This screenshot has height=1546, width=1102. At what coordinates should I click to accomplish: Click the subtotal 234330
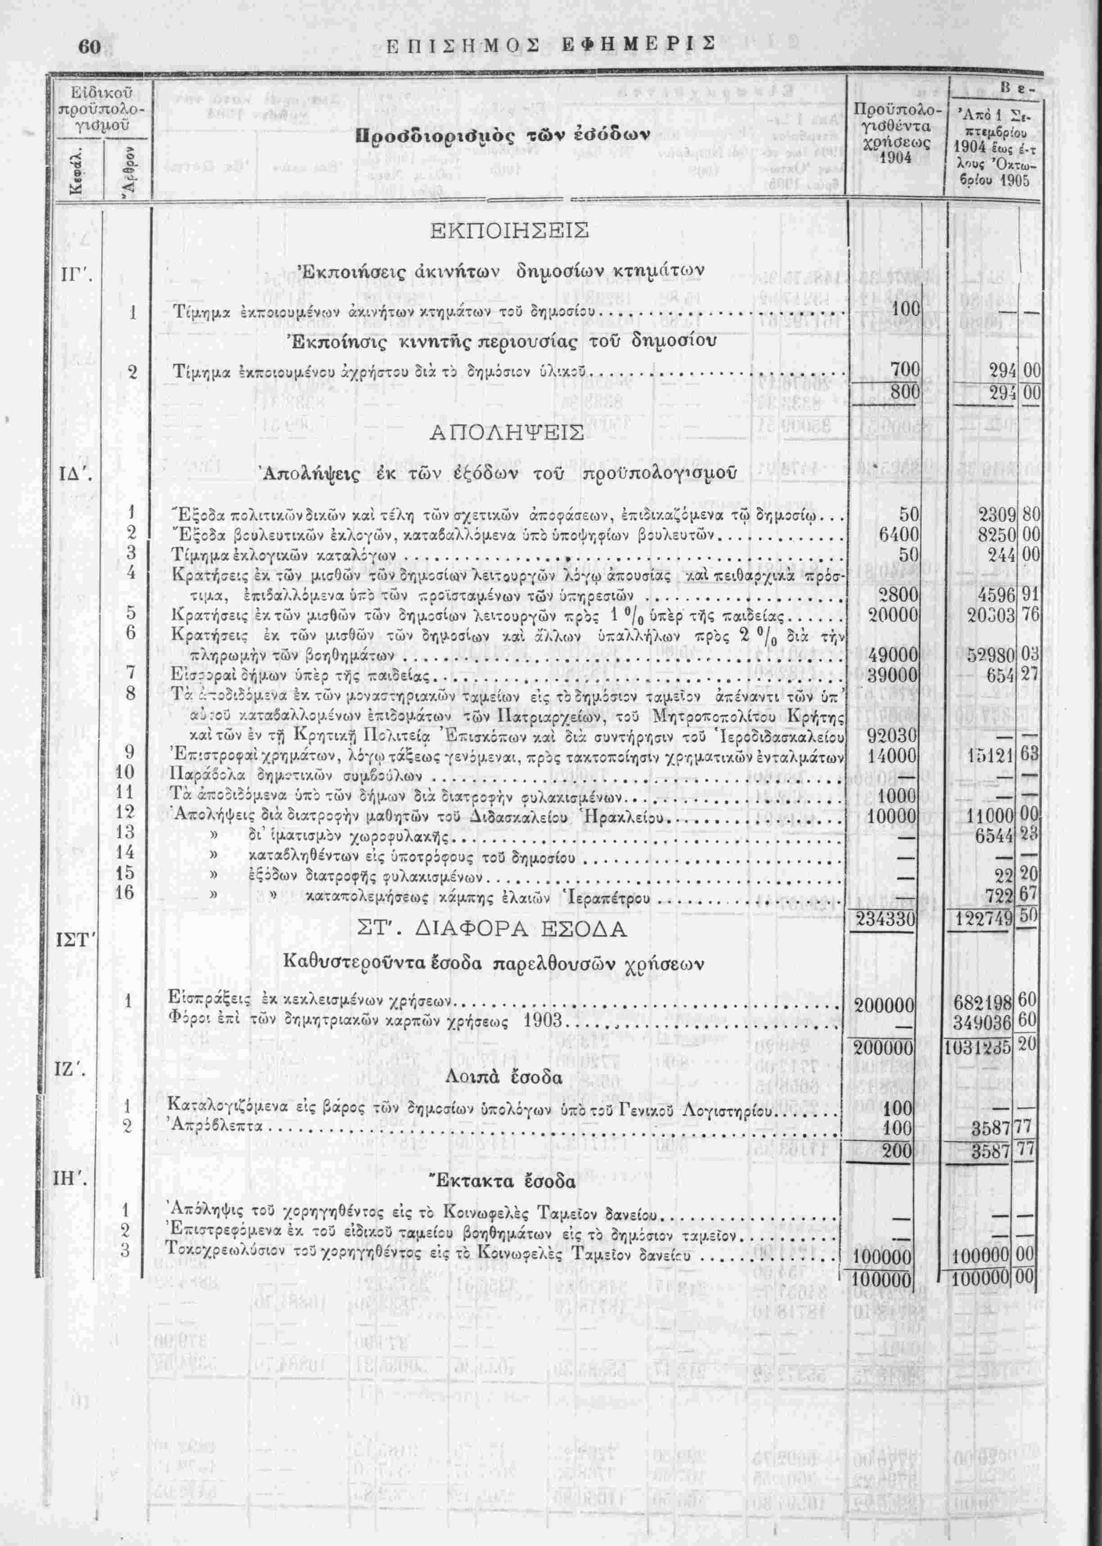(x=887, y=919)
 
